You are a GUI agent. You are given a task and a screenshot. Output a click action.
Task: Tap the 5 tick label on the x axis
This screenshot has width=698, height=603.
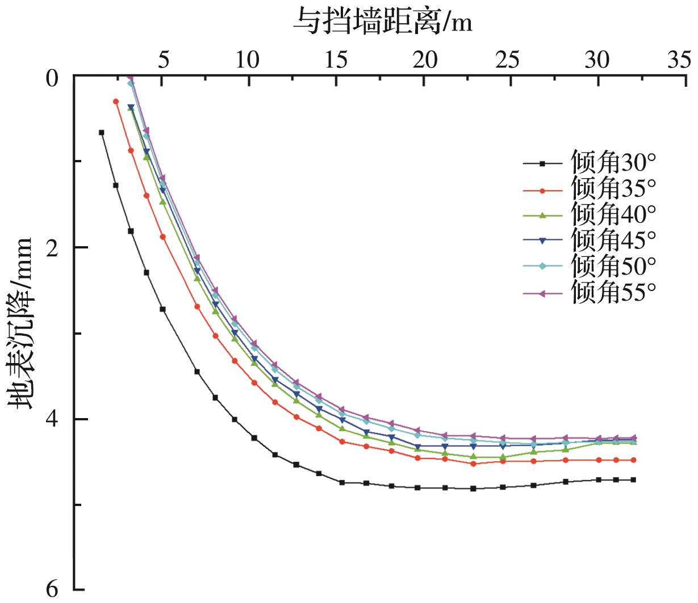(x=162, y=59)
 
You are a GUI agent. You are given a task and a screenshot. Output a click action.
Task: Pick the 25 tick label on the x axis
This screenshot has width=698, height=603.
(x=511, y=59)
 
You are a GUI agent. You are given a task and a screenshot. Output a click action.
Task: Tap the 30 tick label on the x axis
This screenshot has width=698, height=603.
(x=597, y=59)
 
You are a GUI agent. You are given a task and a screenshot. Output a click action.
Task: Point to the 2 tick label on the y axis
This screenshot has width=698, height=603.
(x=52, y=247)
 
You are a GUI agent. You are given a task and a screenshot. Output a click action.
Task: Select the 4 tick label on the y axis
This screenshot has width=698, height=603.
(x=52, y=419)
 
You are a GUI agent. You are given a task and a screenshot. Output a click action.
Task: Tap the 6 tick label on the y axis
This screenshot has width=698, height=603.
(x=52, y=590)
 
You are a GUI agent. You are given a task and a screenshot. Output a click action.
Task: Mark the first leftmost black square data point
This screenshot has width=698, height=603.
(x=102, y=132)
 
